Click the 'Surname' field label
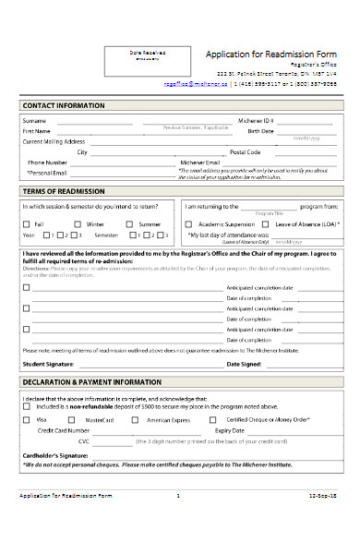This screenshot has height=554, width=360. (x=34, y=121)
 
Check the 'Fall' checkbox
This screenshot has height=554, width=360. (x=26, y=224)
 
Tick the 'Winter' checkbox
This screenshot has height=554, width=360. (x=77, y=224)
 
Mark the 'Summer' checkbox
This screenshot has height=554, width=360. (x=129, y=224)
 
